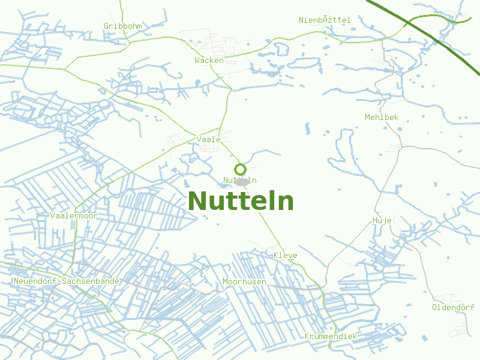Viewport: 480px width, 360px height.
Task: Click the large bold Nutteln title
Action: tap(241, 201)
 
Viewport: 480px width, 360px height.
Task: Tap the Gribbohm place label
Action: tap(122, 26)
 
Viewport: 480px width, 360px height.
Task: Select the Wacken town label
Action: tap(209, 60)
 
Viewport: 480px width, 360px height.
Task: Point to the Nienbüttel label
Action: tap(325, 20)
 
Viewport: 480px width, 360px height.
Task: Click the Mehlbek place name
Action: tap(382, 117)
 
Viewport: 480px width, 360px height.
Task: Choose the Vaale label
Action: tap(208, 139)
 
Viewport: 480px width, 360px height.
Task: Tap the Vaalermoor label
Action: tap(74, 215)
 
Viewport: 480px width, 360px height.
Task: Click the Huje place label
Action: tap(382, 220)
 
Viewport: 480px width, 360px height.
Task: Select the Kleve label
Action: tap(285, 255)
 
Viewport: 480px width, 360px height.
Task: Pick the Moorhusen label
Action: tap(244, 281)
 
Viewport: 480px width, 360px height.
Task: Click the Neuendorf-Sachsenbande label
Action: tap(66, 281)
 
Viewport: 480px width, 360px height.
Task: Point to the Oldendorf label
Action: tap(453, 307)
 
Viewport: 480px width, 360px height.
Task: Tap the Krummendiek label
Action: tap(331, 336)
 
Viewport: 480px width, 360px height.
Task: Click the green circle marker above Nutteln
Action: tap(240, 169)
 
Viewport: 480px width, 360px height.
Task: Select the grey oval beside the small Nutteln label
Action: tap(242, 182)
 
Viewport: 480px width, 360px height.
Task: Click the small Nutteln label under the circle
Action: tap(240, 180)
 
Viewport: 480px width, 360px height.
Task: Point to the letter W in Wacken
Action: tap(197, 60)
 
